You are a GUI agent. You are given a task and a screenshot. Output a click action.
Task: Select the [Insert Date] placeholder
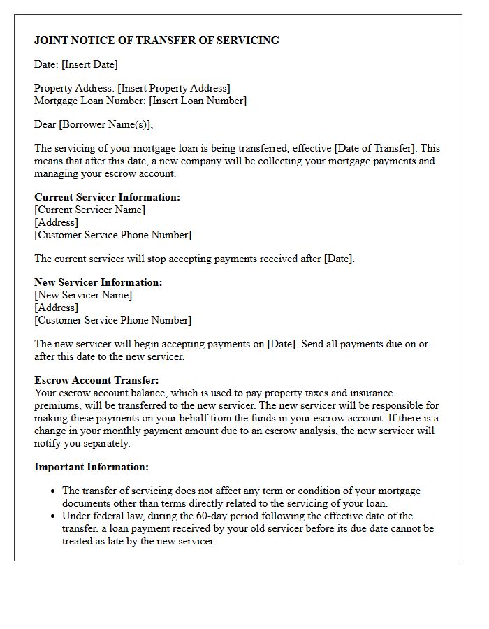pos(89,64)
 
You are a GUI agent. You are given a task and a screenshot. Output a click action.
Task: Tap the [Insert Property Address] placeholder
pos(174,88)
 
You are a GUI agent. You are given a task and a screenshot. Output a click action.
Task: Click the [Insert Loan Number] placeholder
pos(198,101)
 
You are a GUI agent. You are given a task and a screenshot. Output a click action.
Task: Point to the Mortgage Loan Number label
pos(90,101)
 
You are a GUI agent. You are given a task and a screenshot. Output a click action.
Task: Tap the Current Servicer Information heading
pos(107,197)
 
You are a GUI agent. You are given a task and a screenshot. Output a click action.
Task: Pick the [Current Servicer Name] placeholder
pos(90,210)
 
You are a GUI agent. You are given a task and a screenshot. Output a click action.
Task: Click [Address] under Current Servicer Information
pos(57,222)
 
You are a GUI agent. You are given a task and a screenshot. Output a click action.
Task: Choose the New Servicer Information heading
pos(98,282)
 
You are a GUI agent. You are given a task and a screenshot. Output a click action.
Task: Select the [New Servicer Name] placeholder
pos(83,295)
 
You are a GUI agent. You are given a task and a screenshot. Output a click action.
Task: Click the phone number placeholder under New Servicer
pos(112,320)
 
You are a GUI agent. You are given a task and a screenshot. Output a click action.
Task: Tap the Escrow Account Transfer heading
pos(96,380)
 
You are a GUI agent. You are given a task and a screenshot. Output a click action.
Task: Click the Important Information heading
pos(92,467)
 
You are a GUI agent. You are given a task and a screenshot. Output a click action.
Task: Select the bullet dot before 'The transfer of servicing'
pos(53,491)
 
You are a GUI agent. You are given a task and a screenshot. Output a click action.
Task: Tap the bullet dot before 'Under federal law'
pos(53,516)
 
